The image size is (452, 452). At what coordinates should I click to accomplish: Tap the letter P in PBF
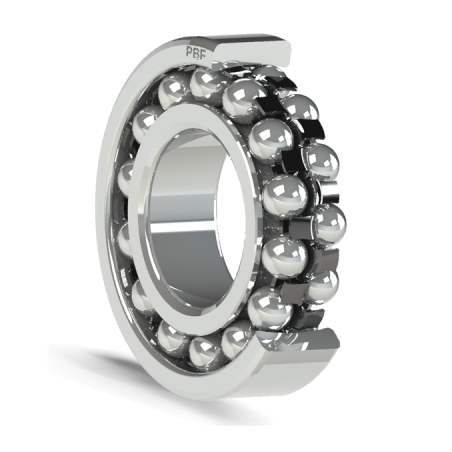(188, 51)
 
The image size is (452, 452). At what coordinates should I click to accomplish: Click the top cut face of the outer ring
(253, 52)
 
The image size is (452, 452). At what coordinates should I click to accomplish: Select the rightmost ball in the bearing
(330, 221)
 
